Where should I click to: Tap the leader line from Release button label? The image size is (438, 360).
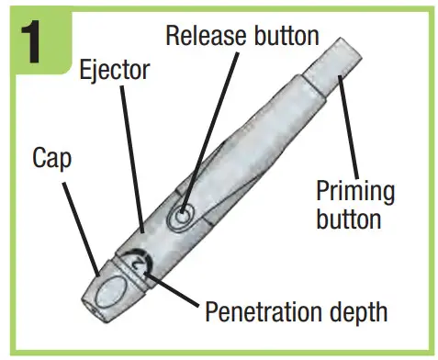(x=197, y=129)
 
